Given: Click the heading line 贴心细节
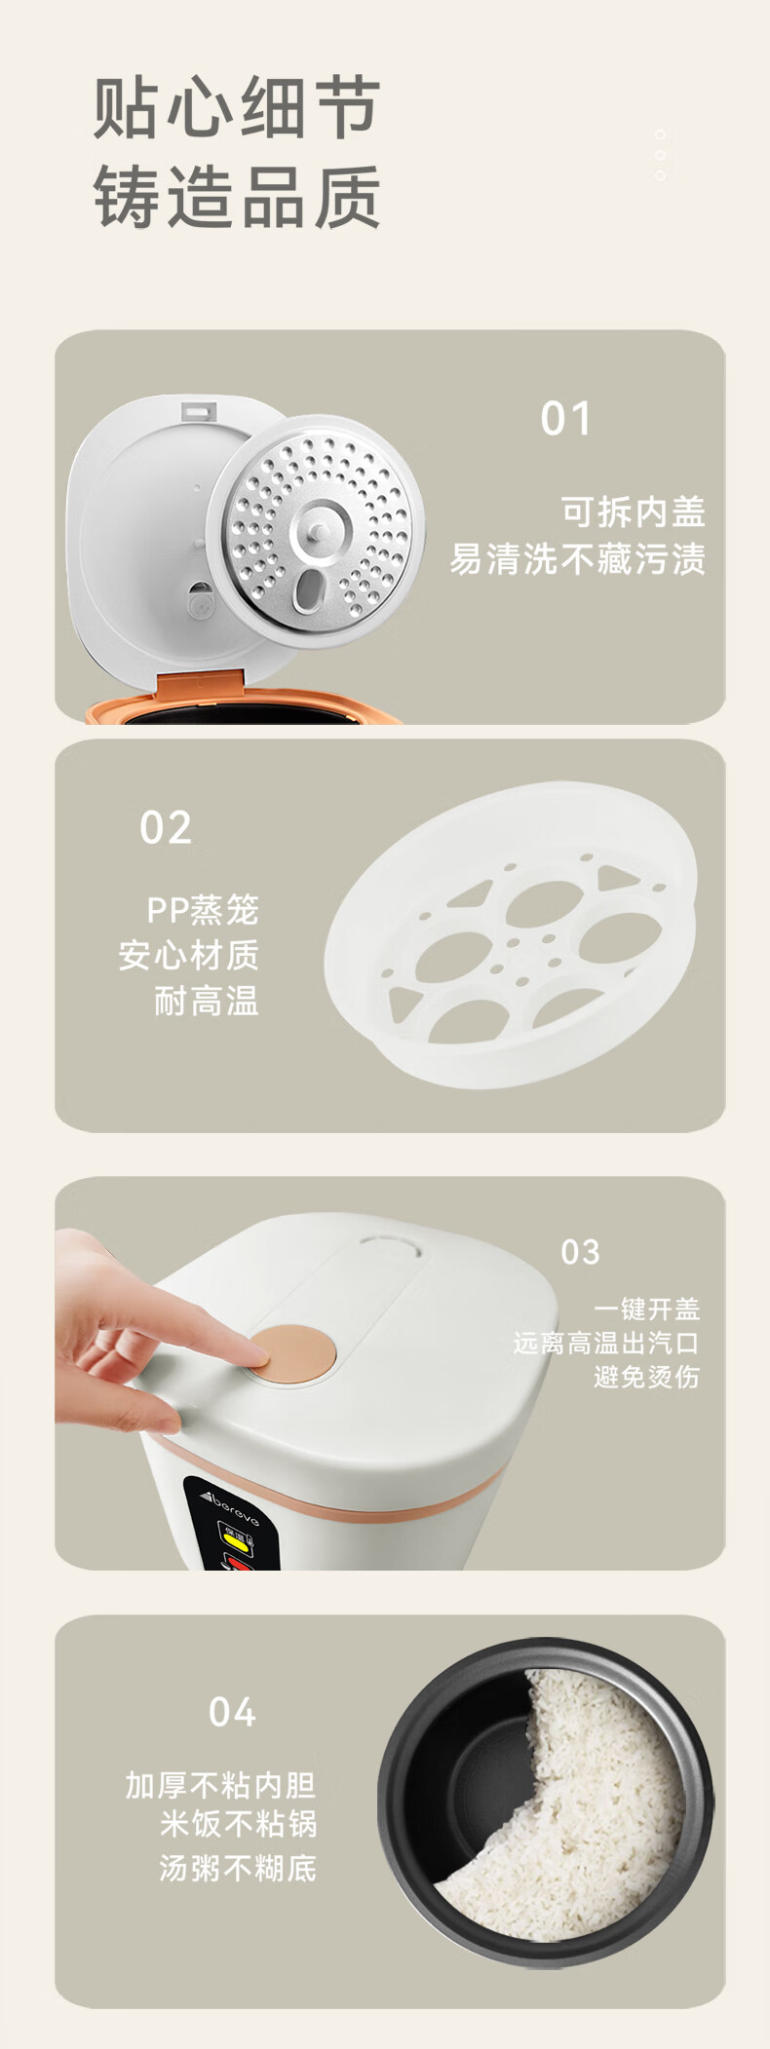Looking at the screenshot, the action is tap(237, 107).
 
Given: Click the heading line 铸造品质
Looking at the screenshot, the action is tap(237, 197).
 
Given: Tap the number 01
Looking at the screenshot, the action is tap(566, 419).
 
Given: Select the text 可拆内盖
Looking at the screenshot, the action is tap(633, 512).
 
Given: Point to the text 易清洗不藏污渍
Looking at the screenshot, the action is tap(577, 559).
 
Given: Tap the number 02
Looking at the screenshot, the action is tap(166, 828).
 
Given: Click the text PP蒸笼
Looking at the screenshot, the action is tap(203, 910).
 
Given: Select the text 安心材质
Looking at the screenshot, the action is tap(189, 955).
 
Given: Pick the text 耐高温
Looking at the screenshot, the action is tap(207, 1001).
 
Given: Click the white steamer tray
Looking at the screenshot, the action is tap(512, 934).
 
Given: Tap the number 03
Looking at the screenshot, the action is tap(580, 1252).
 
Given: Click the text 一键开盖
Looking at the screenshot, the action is tap(647, 1309).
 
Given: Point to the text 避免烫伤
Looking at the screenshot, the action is tap(647, 1377).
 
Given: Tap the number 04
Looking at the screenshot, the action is tap(232, 1712).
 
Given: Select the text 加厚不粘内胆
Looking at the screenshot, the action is tap(221, 1785).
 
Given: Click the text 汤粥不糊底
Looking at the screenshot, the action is tap(239, 1868).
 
